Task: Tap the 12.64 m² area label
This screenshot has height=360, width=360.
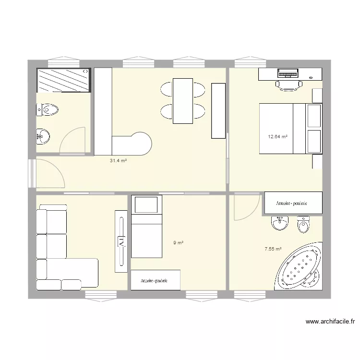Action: tap(277, 136)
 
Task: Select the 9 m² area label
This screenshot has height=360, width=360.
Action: tap(178, 243)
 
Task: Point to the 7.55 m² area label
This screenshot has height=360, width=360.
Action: tap(273, 249)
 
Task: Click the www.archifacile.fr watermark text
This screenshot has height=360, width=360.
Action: tap(329, 322)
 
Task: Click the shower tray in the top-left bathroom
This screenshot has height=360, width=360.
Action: tap(63, 80)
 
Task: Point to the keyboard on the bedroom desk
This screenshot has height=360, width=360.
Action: tap(288, 73)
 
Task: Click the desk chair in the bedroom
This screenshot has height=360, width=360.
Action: tap(288, 85)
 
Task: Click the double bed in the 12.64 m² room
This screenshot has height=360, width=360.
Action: tap(290, 128)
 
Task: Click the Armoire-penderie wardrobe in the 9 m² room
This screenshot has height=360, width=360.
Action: tap(155, 280)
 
